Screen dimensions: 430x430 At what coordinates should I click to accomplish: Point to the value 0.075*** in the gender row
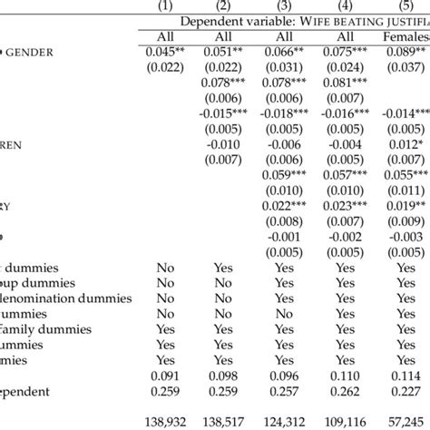pyautogui.click(x=349, y=51)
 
